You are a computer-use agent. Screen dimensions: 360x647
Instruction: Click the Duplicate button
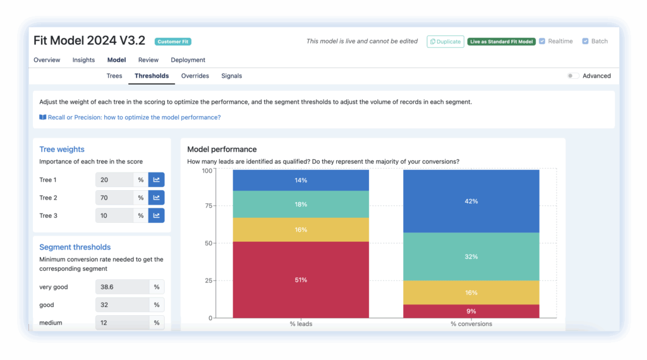pos(445,42)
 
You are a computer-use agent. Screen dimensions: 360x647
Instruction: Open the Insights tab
pos(83,60)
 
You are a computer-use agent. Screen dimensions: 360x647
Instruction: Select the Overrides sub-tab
pos(195,76)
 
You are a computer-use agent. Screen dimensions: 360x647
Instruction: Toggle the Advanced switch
pos(572,76)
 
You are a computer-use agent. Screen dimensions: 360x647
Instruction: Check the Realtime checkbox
pos(542,41)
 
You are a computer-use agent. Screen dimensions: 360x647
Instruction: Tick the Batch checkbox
pos(585,41)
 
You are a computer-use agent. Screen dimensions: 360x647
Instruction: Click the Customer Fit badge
pos(173,42)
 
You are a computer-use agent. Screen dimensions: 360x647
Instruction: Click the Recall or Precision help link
pos(130,117)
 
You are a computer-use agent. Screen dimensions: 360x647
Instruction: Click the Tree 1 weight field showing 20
pos(114,180)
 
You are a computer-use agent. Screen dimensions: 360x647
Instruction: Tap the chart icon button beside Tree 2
pos(156,198)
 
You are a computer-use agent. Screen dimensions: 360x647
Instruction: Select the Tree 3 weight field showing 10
pos(114,215)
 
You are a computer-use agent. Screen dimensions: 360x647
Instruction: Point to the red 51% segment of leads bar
pos(301,280)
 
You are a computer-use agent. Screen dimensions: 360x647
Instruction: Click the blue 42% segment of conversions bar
pos(471,201)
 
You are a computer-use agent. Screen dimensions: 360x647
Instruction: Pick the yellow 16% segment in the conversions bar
pos(471,292)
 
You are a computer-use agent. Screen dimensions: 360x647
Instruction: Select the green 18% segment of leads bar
pos(301,205)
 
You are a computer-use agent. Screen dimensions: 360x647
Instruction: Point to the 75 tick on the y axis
pos(207,207)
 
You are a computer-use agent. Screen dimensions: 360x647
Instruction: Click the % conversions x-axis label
pos(471,324)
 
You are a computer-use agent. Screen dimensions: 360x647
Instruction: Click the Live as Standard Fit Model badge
pos(502,42)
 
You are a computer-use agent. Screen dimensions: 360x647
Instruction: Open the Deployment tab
pos(188,60)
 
